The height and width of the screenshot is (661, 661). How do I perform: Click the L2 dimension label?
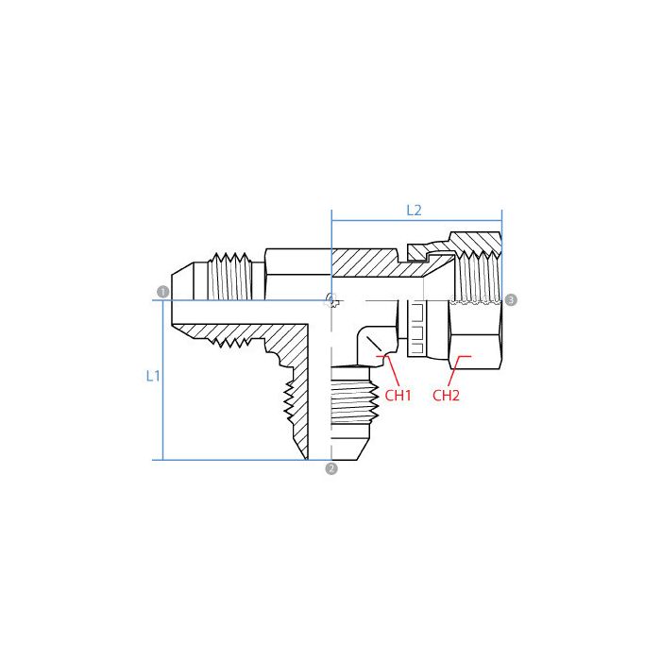414,210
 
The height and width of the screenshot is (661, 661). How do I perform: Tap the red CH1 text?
398,395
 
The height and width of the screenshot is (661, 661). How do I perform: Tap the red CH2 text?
446,395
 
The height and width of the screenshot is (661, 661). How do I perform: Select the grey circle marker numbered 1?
163,292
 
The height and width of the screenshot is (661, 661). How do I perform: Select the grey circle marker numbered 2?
330,468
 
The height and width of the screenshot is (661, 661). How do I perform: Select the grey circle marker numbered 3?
511,299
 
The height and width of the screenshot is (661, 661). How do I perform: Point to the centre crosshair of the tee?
330,300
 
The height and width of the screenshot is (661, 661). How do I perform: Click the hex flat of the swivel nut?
477,340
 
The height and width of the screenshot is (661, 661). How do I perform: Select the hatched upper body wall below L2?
368,263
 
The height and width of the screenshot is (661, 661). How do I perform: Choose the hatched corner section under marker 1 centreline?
283,340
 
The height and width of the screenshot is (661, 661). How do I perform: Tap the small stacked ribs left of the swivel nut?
417,326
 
